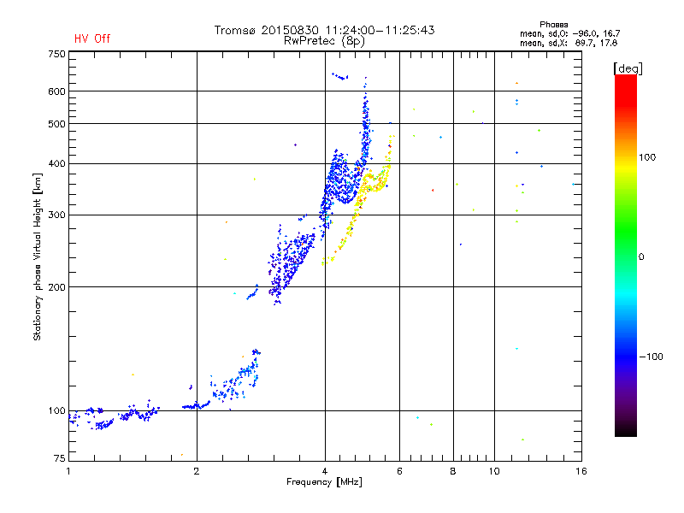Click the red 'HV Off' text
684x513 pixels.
coord(92,38)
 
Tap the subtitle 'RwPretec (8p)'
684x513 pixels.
coord(324,41)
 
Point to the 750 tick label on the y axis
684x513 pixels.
coord(56,54)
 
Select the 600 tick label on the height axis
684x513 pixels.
coord(56,91)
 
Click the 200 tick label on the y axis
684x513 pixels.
coord(56,287)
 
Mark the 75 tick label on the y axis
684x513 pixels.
coord(60,458)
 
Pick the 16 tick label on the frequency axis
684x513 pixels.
coord(581,471)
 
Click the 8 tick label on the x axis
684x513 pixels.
coord(453,471)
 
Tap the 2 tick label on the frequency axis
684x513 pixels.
coord(197,471)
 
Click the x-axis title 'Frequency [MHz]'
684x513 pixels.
coord(324,482)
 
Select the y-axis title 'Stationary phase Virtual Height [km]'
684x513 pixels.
coord(38,256)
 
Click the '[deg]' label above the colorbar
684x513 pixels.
coord(628,68)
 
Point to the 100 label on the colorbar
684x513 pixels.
coord(647,157)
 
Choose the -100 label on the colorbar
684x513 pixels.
coord(652,357)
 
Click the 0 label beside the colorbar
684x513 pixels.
coord(641,257)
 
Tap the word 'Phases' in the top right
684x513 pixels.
coord(553,25)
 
